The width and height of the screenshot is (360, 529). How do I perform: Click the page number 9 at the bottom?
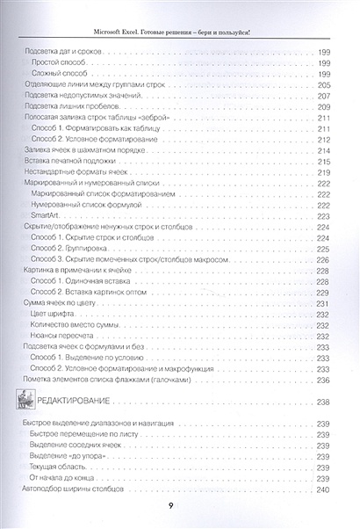pos(183,505)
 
